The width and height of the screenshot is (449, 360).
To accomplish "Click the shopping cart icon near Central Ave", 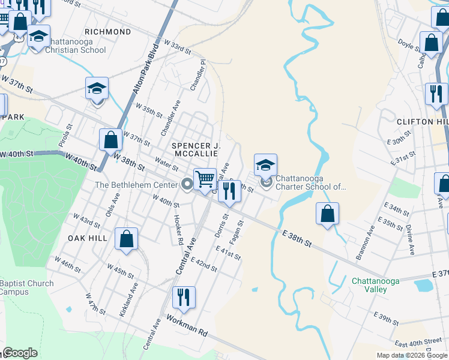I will click(205, 179).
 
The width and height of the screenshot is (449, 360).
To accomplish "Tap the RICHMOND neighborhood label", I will click(108, 31).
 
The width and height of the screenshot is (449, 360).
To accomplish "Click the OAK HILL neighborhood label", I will click(88, 238).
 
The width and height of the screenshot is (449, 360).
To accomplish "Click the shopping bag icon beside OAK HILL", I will click(127, 239).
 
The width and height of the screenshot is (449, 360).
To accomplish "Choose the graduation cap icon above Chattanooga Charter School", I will click(265, 164).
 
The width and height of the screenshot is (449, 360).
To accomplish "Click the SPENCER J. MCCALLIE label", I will click(197, 149).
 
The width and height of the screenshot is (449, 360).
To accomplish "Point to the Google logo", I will click(20, 353).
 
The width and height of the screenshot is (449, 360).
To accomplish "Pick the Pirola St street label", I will click(69, 136).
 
